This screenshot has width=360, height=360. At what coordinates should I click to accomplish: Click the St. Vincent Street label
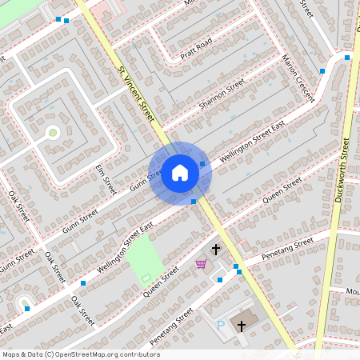tap(136, 94)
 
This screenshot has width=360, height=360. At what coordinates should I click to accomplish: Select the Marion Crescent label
tap(297, 78)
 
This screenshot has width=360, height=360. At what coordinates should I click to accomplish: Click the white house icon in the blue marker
tap(180, 172)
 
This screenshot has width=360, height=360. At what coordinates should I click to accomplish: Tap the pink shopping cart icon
tap(201, 264)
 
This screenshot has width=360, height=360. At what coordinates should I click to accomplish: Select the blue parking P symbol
tap(221, 325)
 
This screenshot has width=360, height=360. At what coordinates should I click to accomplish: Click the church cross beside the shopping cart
tap(215, 250)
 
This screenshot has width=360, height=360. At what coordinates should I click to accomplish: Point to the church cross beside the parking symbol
tap(242, 325)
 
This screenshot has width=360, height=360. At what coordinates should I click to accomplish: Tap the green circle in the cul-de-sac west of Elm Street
tap(53, 132)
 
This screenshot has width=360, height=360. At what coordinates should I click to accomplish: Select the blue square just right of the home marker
tap(202, 164)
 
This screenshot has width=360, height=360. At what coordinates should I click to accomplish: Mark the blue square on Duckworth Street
tap(347, 58)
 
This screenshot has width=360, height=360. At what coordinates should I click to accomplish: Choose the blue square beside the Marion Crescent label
tap(322, 71)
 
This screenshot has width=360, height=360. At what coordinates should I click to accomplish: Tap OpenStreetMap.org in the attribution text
tap(83, 354)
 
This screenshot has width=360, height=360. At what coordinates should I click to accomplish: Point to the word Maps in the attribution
tap(11, 354)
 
